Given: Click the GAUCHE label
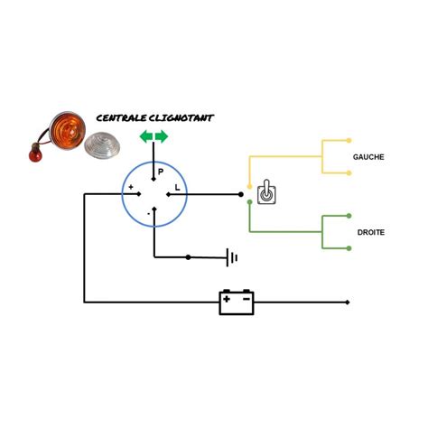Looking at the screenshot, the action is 368,157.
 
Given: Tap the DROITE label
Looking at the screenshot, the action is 371,232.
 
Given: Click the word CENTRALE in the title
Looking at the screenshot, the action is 121,118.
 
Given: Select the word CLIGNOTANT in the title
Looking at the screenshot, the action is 181,118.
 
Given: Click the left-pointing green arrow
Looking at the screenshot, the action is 146,136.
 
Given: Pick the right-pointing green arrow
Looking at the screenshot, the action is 162,136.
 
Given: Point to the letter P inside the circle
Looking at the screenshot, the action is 161,172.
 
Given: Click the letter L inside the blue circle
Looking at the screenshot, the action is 177,188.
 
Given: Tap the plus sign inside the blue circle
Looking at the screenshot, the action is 131,187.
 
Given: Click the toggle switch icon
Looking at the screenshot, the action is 266,192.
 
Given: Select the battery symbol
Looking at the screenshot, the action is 237,302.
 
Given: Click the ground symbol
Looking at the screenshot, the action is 232,257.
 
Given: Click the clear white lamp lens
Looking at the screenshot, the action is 102,145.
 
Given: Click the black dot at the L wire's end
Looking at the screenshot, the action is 241,195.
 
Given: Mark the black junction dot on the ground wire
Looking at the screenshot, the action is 188,257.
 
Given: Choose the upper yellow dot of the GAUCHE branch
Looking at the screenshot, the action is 349,140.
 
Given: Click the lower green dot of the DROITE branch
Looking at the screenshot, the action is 349,248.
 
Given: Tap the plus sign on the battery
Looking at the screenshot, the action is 227,299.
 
